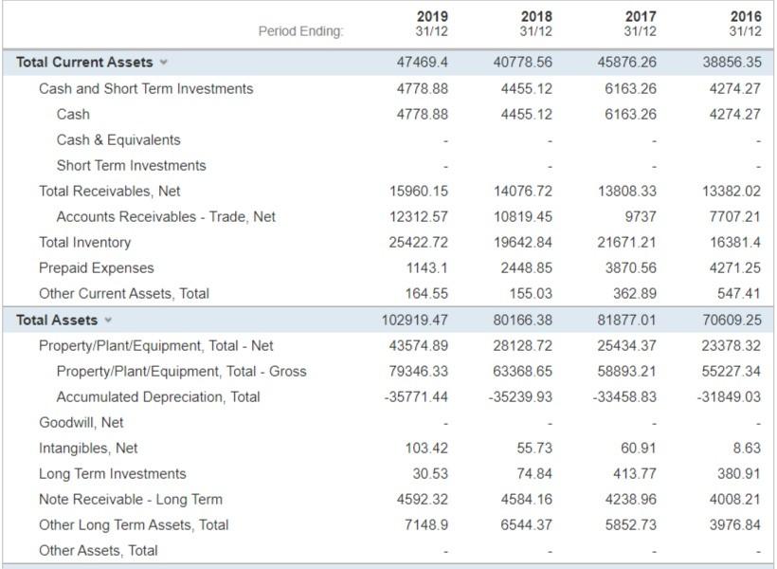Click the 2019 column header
(x=432, y=24)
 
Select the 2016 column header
(x=745, y=24)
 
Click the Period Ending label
(x=300, y=31)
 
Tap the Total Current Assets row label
(x=84, y=62)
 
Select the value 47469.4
(x=424, y=62)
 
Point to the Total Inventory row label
(x=84, y=242)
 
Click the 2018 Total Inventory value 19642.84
(x=523, y=242)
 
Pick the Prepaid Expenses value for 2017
(x=628, y=267)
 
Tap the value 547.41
(x=738, y=293)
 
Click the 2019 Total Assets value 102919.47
(x=414, y=320)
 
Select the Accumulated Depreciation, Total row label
(x=158, y=396)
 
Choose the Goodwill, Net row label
(x=81, y=422)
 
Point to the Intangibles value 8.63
(x=746, y=448)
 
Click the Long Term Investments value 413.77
(x=634, y=473)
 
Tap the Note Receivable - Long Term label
(x=131, y=499)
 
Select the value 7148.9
(x=427, y=524)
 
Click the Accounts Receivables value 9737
(x=641, y=216)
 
